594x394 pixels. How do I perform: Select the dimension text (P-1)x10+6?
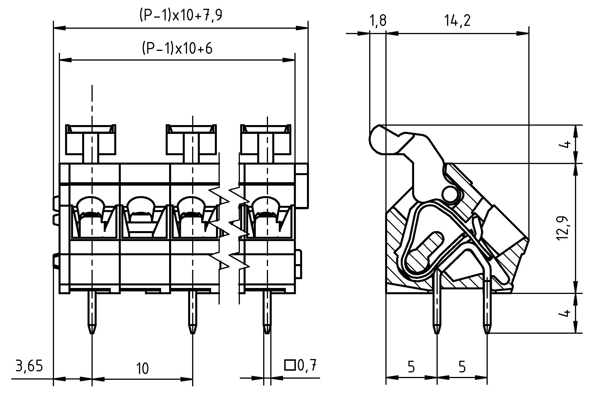tap(177, 49)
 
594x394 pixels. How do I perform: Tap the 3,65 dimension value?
tap(29, 366)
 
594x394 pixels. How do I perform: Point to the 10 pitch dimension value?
tap(142, 369)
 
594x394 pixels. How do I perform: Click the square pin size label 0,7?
tap(307, 366)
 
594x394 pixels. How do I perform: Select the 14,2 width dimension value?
tap(457, 21)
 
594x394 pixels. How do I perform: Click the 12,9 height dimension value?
tap(563, 228)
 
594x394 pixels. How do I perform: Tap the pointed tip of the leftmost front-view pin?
tap(92, 331)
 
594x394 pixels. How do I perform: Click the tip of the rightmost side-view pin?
tap(486, 331)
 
